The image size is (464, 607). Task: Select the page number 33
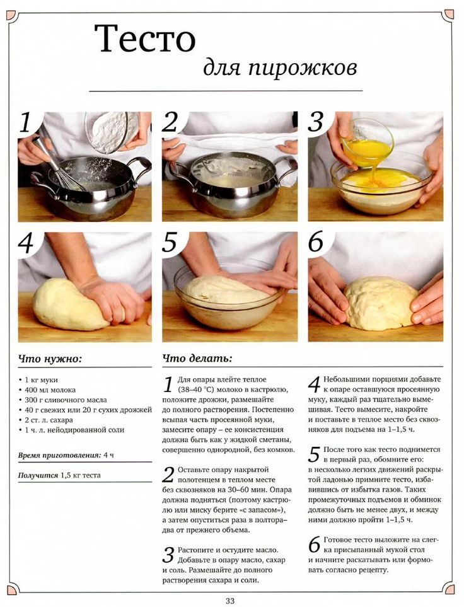click(x=230, y=601)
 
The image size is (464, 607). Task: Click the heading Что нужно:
click(x=50, y=359)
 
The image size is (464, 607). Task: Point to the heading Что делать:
click(x=197, y=359)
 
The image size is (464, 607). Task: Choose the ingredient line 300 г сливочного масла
click(x=62, y=400)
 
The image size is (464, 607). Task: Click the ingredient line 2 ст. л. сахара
click(x=45, y=420)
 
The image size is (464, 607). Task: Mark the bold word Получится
click(x=38, y=475)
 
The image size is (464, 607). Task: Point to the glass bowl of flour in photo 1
click(x=112, y=132)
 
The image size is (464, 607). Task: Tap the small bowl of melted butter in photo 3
click(x=367, y=142)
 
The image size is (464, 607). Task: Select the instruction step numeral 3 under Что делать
click(x=168, y=555)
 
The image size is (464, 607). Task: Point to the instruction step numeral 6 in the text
click(x=315, y=545)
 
